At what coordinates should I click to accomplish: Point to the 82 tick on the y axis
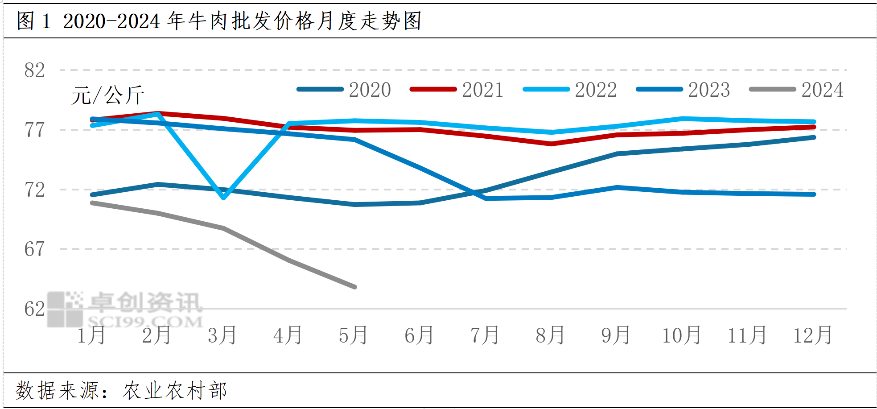(x=35, y=70)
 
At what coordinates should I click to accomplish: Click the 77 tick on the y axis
(x=35, y=130)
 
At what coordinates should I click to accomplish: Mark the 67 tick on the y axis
(x=35, y=249)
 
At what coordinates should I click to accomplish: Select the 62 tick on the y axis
(x=35, y=309)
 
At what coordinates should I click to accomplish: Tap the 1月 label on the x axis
(x=91, y=335)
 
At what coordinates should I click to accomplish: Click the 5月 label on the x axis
(x=354, y=335)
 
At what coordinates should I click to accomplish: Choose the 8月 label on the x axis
(x=550, y=335)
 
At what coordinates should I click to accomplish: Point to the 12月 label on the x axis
(x=813, y=335)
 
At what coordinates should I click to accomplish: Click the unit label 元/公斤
(x=108, y=95)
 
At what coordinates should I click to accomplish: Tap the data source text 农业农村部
(x=175, y=391)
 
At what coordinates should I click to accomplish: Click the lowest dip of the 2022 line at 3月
(x=223, y=198)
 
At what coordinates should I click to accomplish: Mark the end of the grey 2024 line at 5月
(x=354, y=287)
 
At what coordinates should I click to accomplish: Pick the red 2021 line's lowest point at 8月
(x=552, y=144)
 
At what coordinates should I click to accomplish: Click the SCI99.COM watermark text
(x=145, y=321)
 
